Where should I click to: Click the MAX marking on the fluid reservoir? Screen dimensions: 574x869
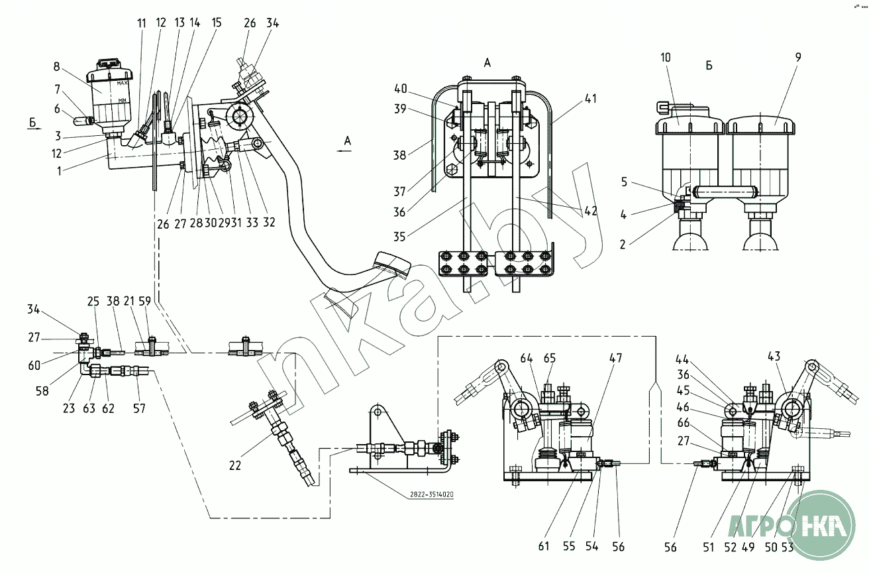tap(122, 84)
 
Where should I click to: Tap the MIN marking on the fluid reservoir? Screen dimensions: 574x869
tap(122, 99)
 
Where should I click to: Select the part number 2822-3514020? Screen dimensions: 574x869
tap(428, 494)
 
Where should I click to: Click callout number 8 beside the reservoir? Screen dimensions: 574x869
tap(56, 66)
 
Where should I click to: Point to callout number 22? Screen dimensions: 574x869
tap(235, 466)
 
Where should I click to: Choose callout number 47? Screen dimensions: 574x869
tap(616, 359)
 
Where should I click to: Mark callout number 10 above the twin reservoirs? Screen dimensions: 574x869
tap(665, 58)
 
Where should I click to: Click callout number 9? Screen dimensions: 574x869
tap(798, 58)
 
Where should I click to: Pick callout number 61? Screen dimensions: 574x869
tap(544, 547)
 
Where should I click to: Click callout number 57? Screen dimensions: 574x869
tap(139, 409)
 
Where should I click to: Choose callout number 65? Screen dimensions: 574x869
tap(550, 359)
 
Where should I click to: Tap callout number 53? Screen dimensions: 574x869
tap(788, 547)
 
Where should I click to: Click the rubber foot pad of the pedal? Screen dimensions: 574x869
tap(392, 264)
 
